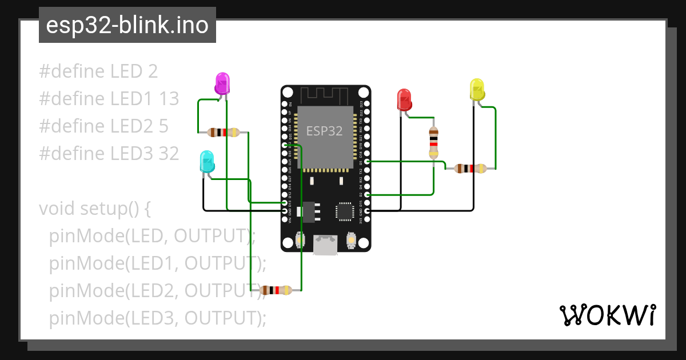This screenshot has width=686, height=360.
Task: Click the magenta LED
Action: click(222, 83)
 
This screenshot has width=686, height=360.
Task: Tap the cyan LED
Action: click(207, 162)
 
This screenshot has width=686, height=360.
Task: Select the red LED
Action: click(404, 99)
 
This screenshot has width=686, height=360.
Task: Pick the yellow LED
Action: click(477, 90)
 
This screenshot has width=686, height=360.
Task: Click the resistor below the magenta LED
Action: click(224, 133)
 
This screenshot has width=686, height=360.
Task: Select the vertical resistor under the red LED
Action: click(434, 142)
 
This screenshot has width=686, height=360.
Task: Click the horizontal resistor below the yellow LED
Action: click(470, 169)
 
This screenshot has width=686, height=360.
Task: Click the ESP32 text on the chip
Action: click(324, 131)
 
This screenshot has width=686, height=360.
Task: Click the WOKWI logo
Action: click(607, 315)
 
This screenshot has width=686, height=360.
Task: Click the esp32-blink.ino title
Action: click(127, 25)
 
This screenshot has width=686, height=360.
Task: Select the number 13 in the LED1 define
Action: click(169, 99)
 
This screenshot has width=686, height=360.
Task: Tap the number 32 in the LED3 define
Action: click(169, 153)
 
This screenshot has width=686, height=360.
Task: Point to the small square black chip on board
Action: click(345, 211)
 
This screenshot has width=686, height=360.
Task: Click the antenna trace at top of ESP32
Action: click(325, 95)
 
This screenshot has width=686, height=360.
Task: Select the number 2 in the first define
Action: click(152, 71)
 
